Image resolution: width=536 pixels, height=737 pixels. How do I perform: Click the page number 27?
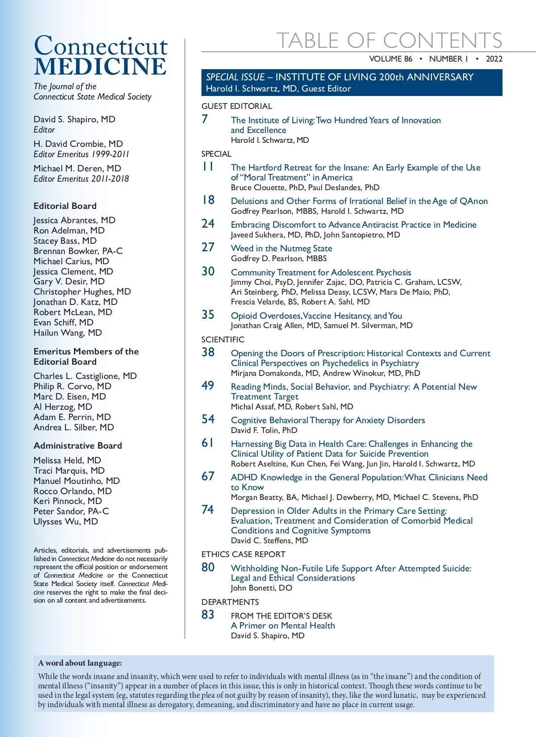click(x=208, y=247)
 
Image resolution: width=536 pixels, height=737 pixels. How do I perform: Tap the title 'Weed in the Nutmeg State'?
click(x=281, y=248)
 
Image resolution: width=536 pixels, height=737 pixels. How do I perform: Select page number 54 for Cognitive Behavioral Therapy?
click(x=208, y=419)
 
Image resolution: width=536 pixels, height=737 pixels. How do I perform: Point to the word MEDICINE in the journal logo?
click(x=100, y=67)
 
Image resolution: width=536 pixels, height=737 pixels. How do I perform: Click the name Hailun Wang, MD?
click(x=68, y=333)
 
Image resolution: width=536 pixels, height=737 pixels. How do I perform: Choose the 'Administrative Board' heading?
click(x=78, y=446)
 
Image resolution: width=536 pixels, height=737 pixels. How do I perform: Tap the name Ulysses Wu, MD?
click(x=66, y=521)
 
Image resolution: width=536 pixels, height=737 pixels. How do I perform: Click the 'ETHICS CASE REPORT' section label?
click(x=243, y=554)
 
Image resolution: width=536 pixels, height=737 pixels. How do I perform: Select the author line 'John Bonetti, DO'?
click(x=261, y=588)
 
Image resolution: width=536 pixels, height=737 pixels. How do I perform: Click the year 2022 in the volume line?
click(x=494, y=59)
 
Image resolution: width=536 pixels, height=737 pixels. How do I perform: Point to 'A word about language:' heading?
click(x=80, y=663)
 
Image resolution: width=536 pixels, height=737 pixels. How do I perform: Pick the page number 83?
click(x=208, y=615)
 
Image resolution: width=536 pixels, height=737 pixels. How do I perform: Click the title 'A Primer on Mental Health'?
click(x=283, y=625)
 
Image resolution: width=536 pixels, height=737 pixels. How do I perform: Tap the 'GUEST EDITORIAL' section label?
click(x=236, y=106)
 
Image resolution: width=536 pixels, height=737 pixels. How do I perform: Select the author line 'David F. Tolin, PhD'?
click(x=264, y=430)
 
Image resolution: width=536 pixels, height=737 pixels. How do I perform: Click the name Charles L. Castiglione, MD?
click(x=85, y=376)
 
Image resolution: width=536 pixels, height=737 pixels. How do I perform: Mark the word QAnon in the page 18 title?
click(x=473, y=201)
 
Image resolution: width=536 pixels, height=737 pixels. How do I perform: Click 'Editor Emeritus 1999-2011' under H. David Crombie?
click(x=81, y=154)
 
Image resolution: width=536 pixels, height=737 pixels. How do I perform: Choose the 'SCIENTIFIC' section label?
click(x=223, y=340)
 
